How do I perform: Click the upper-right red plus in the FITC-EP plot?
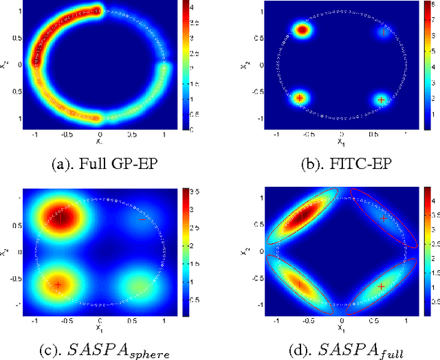click(x=384, y=31)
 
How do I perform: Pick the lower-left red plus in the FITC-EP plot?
click(x=300, y=98)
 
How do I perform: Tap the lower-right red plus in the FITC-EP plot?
click(x=382, y=100)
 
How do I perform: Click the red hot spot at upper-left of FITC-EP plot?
click(x=302, y=30)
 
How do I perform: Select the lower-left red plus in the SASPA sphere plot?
click(x=58, y=284)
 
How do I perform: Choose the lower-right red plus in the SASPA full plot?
click(x=381, y=286)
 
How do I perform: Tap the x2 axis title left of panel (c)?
click(x=5, y=251)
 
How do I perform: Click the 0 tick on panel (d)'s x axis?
click(x=341, y=321)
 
